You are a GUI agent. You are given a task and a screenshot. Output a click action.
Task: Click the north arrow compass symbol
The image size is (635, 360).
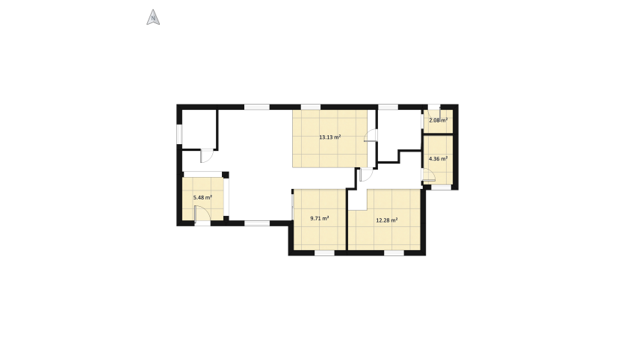tap(153, 17)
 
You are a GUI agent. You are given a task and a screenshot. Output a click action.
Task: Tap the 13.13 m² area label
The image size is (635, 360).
tap(329, 137)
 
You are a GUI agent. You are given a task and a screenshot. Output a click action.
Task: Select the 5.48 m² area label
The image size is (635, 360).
tap(202, 198)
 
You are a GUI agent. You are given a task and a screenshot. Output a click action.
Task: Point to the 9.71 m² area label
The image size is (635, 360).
tap(319, 218)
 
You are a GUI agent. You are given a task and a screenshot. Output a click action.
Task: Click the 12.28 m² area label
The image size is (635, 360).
tap(386, 220)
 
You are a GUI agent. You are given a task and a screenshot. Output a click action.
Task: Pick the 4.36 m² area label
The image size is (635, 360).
tap(438, 159)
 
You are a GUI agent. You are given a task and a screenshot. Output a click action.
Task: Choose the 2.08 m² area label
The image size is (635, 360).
tap(439, 120)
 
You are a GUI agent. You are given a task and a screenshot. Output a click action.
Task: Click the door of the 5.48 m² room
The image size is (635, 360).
tap(202, 214)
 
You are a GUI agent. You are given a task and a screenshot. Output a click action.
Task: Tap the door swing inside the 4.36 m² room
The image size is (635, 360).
tap(429, 175)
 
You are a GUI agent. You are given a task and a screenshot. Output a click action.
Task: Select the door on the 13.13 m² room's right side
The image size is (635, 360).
tap(371, 136)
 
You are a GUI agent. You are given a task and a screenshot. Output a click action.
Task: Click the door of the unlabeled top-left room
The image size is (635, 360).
tap(207, 156)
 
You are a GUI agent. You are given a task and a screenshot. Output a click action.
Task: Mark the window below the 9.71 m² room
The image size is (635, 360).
tap(324, 253)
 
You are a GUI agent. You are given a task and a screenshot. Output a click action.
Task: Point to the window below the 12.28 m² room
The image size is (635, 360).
tap(394, 253)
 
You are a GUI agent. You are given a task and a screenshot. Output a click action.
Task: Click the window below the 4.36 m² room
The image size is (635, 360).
tap(441, 187)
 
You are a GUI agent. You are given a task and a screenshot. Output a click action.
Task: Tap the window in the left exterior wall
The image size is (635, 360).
tap(179, 134)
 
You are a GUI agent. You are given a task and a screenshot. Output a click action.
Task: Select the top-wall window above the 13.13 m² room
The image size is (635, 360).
tap(311, 107)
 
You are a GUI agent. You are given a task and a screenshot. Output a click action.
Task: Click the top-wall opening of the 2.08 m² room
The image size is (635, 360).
tap(434, 107)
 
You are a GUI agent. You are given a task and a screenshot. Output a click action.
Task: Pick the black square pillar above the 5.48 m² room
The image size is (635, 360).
tap(226, 175)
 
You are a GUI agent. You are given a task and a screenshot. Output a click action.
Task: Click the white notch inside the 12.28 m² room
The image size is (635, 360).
tap(358, 199)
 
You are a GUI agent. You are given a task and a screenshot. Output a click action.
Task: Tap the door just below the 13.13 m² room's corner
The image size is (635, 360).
tap(366, 175)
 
